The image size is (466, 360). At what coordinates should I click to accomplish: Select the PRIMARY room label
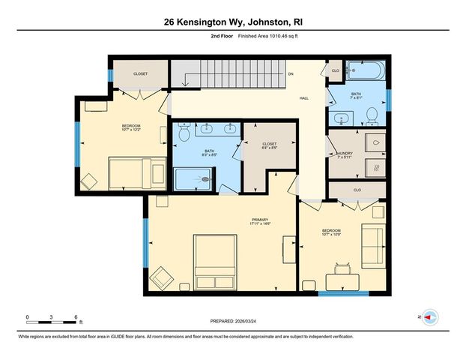[259, 220]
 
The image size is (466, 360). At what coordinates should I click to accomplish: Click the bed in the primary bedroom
[218, 262]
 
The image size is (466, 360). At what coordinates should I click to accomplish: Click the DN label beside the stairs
[290, 73]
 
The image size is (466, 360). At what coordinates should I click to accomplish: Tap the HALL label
[305, 97]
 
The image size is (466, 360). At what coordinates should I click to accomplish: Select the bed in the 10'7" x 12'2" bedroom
[136, 172]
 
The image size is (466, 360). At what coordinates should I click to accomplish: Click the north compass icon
[430, 317]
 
